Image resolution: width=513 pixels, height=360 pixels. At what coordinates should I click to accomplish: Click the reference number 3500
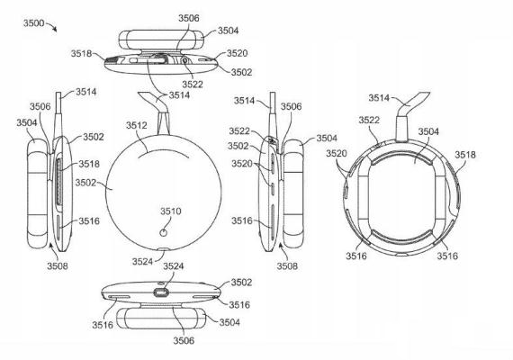pos(33,23)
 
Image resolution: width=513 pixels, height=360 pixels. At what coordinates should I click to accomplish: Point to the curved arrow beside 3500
pos(52,25)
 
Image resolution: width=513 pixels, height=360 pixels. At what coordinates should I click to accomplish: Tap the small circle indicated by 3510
pos(164,233)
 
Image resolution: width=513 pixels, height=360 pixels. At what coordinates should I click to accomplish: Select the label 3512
pos(137,125)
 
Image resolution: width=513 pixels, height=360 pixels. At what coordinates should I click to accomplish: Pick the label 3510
pos(170,211)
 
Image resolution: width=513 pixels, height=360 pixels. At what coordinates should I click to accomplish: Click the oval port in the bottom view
pos(161,292)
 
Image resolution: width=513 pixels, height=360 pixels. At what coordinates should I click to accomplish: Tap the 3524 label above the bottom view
pos(173,266)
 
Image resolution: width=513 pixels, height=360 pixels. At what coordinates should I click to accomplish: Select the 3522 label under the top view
pos(193,85)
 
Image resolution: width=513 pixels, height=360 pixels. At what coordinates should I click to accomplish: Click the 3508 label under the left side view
pos(58,265)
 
